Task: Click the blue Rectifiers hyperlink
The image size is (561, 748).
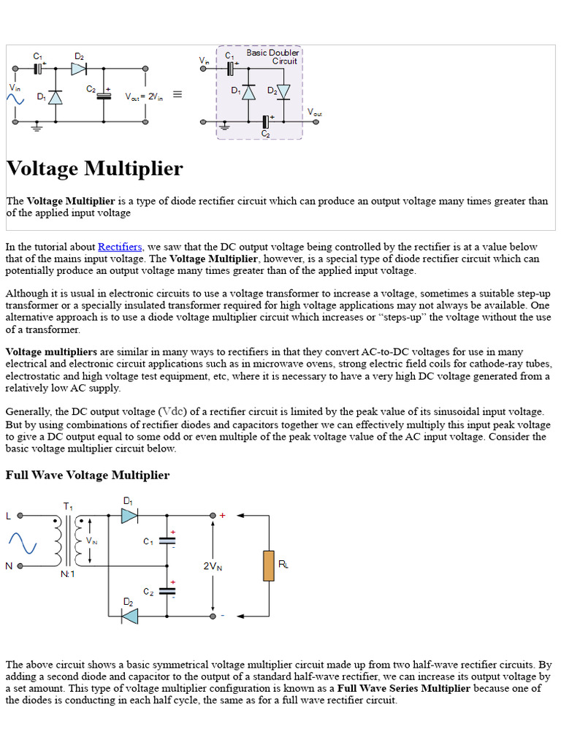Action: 120,247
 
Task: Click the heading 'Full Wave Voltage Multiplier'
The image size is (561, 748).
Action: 88,475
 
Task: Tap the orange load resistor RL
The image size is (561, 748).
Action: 268,566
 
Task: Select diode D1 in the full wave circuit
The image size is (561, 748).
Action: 129,516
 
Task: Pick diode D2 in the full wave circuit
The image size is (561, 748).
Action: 129,616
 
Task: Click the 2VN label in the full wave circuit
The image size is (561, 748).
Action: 213,565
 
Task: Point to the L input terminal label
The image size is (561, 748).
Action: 9,516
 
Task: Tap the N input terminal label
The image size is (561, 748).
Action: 9,566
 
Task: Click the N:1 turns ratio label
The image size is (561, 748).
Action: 67,574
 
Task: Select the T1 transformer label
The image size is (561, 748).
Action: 69,505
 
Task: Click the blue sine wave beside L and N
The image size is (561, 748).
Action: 22,543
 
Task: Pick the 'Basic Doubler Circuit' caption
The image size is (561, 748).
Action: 272,57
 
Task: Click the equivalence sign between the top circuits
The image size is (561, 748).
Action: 177,95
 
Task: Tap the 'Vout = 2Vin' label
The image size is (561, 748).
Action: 144,96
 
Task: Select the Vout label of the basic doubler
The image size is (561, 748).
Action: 314,112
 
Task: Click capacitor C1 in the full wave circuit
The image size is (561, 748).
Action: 167,541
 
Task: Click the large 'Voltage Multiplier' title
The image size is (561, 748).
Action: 95,169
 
